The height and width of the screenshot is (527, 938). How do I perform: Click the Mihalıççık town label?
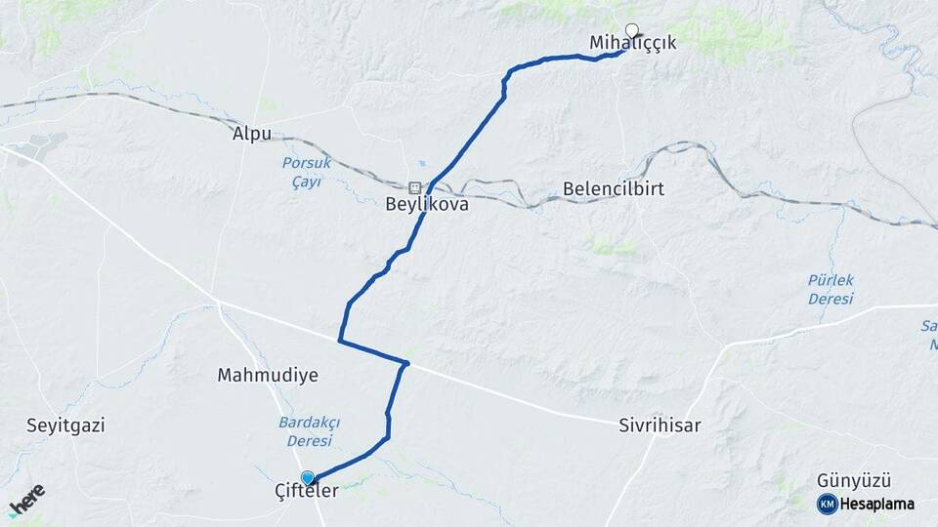coord(632,43)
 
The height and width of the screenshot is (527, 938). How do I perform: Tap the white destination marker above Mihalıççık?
coord(631,30)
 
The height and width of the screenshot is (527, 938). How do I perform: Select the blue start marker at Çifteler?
coord(308,477)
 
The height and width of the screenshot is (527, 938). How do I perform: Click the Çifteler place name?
coord(307,491)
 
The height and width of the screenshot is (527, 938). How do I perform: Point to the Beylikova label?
coord(427,206)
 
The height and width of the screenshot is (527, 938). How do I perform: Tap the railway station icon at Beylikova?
coord(415,187)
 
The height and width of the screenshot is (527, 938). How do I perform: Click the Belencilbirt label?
coord(614,189)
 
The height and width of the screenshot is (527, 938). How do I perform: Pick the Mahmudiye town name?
coord(268,375)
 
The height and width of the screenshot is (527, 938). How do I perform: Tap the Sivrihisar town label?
coord(660,426)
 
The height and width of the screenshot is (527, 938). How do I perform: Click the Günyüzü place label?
coord(855,480)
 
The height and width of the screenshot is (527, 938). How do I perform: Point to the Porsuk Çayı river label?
coord(306,171)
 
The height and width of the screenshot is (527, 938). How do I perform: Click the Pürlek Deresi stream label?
coord(831,290)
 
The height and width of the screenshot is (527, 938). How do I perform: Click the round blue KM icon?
coord(827,504)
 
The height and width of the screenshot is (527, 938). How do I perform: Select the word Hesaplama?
coord(876,504)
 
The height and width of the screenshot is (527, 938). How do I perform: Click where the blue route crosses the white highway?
coord(405,364)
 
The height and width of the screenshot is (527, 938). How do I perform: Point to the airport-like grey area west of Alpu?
coord(39,147)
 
